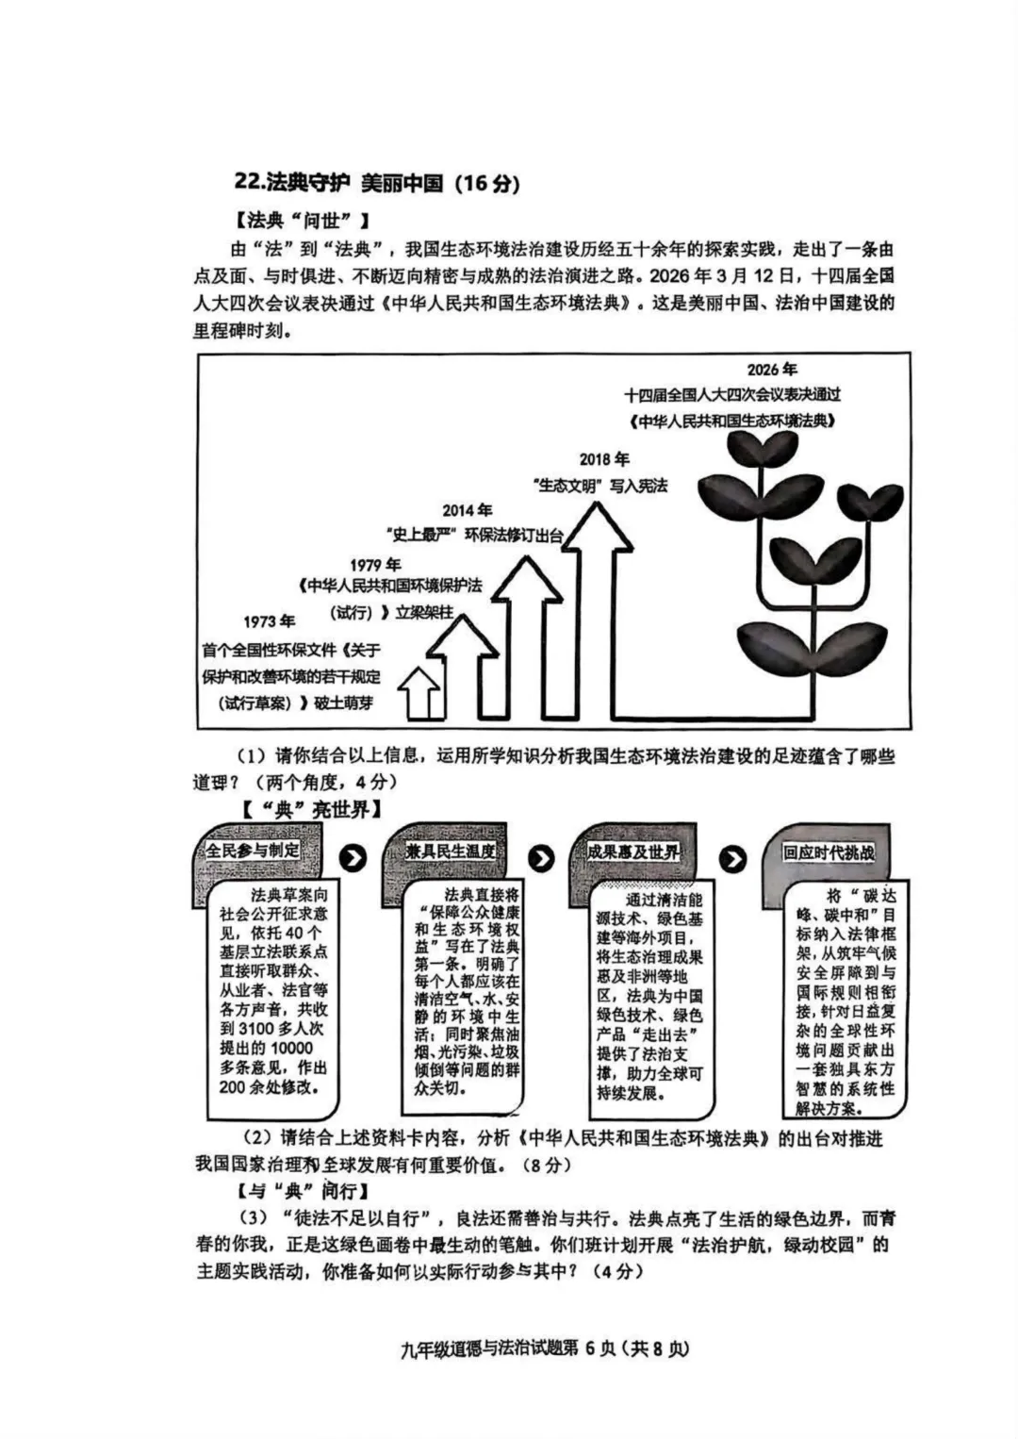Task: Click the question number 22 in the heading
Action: (249, 183)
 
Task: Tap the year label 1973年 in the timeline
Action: (269, 620)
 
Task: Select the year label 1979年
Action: (375, 564)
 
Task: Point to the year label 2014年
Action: (467, 510)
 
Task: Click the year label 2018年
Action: (604, 459)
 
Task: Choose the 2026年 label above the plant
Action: (772, 370)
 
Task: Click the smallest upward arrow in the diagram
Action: (420, 694)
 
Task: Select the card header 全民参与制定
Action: (253, 850)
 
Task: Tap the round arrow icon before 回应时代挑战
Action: (733, 858)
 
